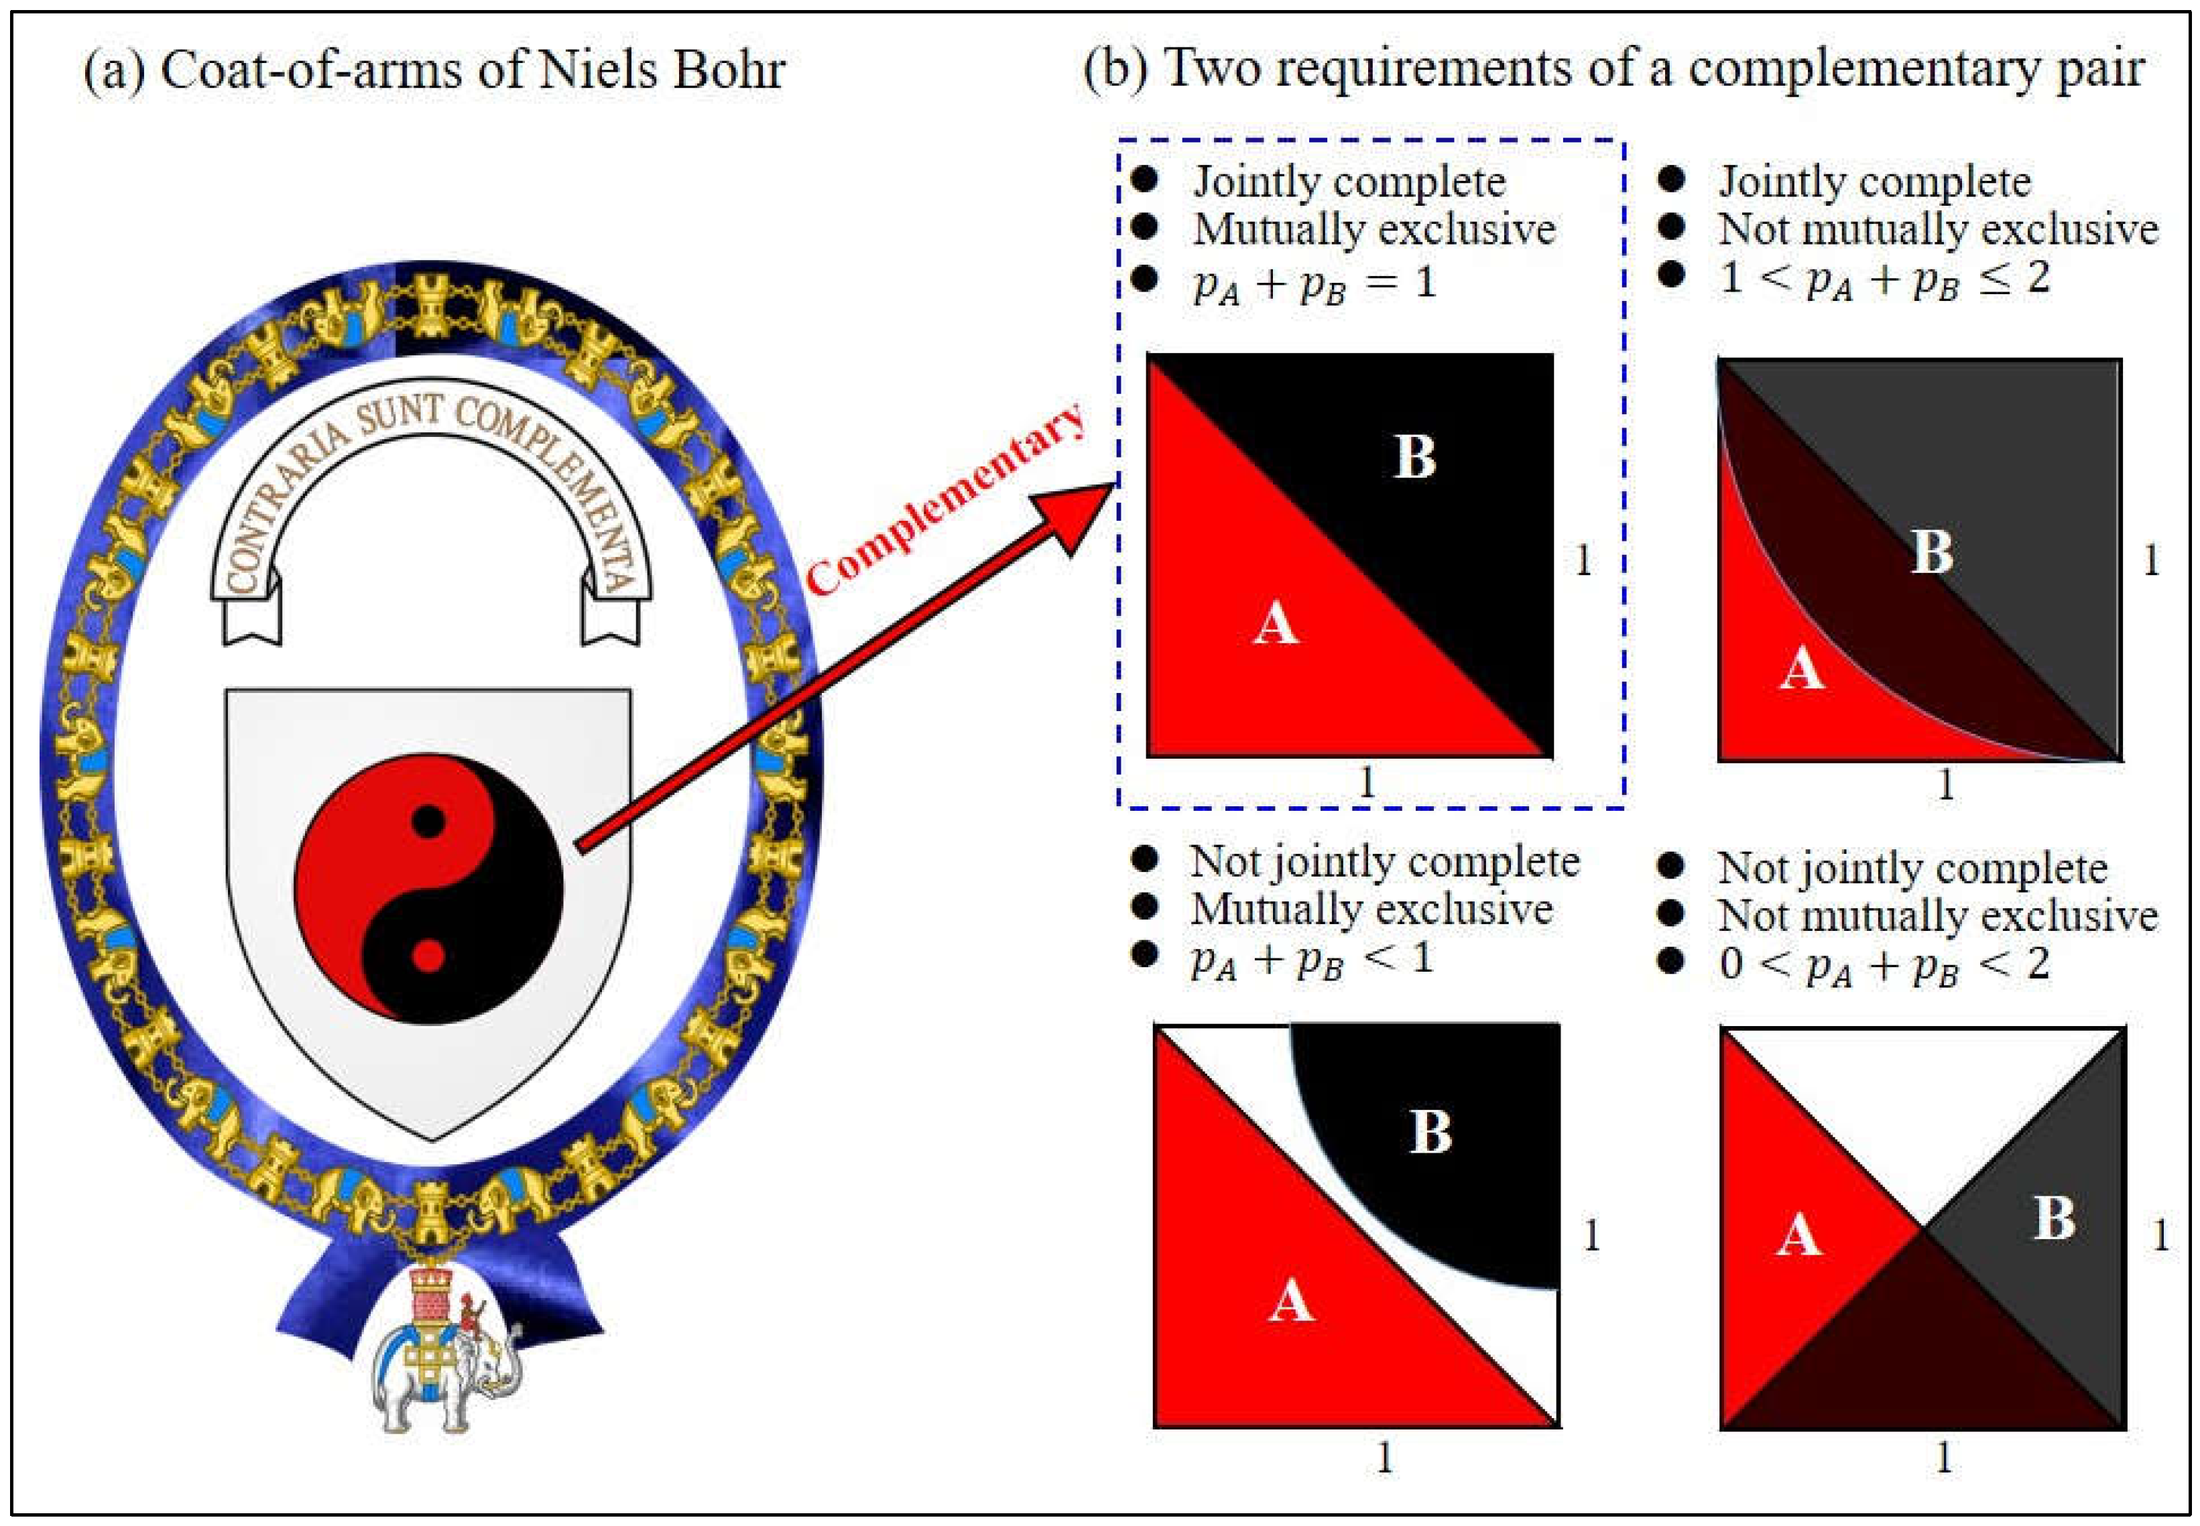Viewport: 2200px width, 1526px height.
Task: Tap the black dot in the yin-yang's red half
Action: tap(428, 820)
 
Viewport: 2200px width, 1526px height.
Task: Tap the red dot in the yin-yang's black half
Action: tap(428, 955)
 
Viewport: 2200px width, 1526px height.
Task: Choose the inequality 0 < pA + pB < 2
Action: tap(1884, 964)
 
